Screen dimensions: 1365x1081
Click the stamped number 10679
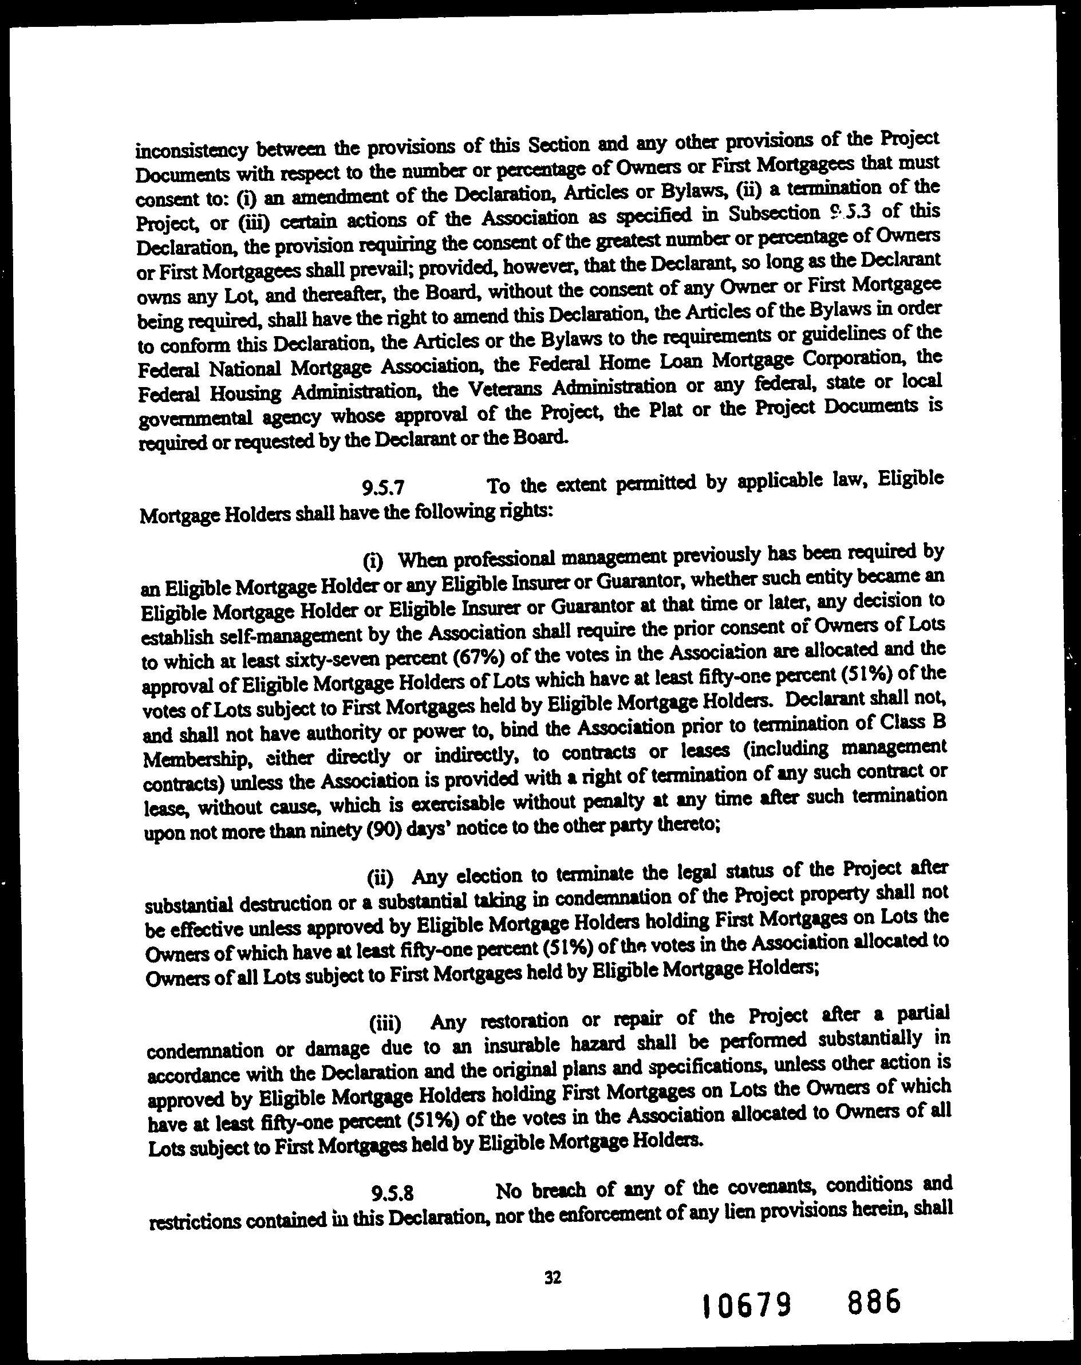click(747, 1305)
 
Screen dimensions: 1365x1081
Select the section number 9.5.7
click(382, 487)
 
